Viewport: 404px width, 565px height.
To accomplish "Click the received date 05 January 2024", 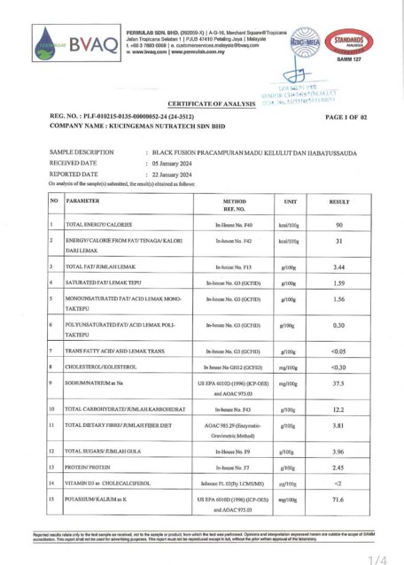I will pyautogui.click(x=182, y=163).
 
